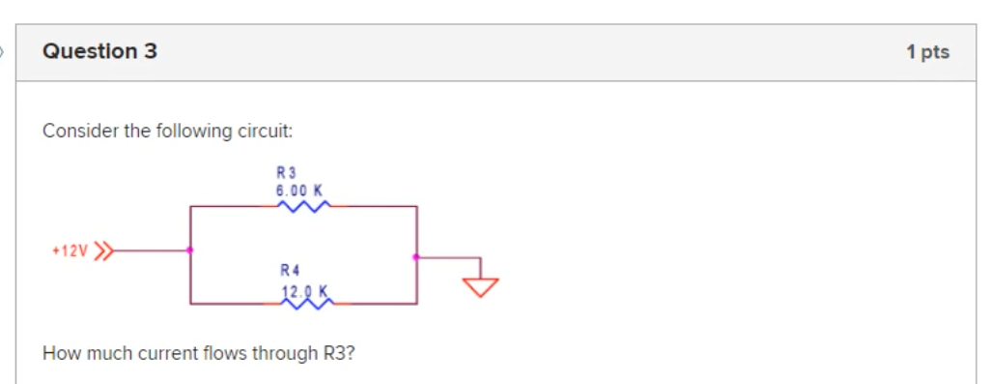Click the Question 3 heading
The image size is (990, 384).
tap(99, 51)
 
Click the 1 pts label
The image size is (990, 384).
tap(927, 52)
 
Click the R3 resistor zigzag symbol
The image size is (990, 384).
tap(303, 205)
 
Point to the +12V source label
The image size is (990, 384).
tap(70, 251)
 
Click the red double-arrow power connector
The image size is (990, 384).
tap(103, 251)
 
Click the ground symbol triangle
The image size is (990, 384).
tap(480, 285)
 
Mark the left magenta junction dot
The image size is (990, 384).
tap(189, 251)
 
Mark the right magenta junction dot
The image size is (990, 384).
tap(415, 257)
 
